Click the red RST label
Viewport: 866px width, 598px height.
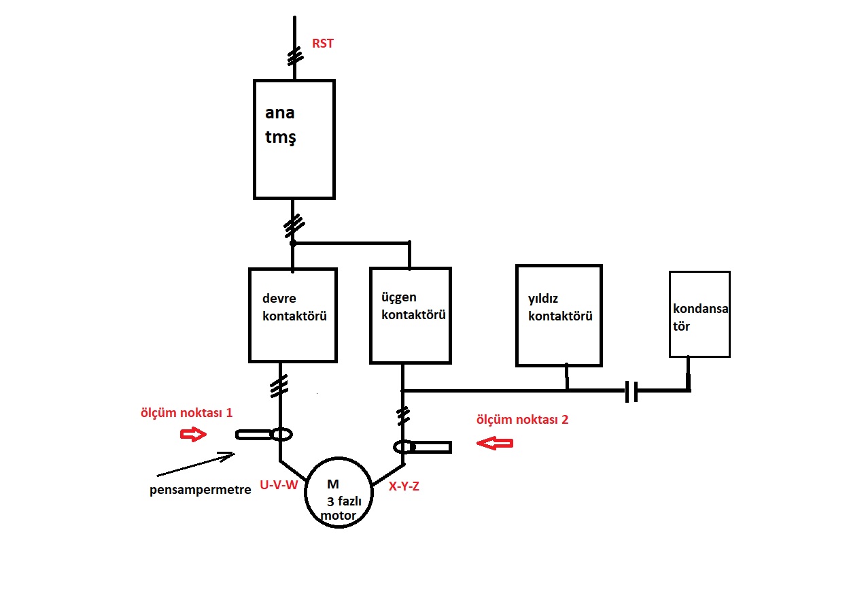tap(322, 44)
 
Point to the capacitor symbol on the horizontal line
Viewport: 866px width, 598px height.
tap(631, 391)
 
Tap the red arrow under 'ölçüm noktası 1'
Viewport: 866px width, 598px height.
tap(193, 434)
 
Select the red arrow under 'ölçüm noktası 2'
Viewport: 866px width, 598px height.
tap(495, 443)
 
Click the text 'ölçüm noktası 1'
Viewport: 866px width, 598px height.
tap(187, 412)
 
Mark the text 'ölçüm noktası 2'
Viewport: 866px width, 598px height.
tap(522, 420)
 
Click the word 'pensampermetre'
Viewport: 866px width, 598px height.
tap(201, 490)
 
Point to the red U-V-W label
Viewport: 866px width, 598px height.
tap(279, 485)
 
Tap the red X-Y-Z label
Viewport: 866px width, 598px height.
tap(404, 486)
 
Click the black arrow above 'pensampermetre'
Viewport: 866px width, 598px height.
tap(196, 464)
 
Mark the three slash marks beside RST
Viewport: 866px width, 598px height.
tap(296, 56)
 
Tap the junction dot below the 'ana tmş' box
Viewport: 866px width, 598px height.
tap(293, 243)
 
